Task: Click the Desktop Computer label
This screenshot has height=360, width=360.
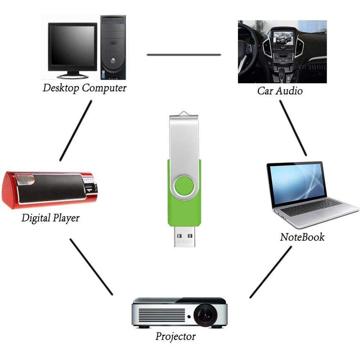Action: point(85,88)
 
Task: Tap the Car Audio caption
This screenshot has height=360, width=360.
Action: point(280,91)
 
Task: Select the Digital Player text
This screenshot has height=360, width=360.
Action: point(50,219)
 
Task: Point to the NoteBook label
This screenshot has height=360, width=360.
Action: point(302,237)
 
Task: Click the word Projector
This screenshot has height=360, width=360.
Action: point(175,336)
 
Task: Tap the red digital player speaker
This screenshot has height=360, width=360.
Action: point(49,189)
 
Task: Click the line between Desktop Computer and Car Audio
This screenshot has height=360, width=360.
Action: point(184,55)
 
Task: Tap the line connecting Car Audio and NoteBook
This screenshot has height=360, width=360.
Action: point(293,128)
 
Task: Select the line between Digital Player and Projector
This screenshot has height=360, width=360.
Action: point(91,266)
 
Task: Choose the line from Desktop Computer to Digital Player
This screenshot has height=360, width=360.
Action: point(76,130)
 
